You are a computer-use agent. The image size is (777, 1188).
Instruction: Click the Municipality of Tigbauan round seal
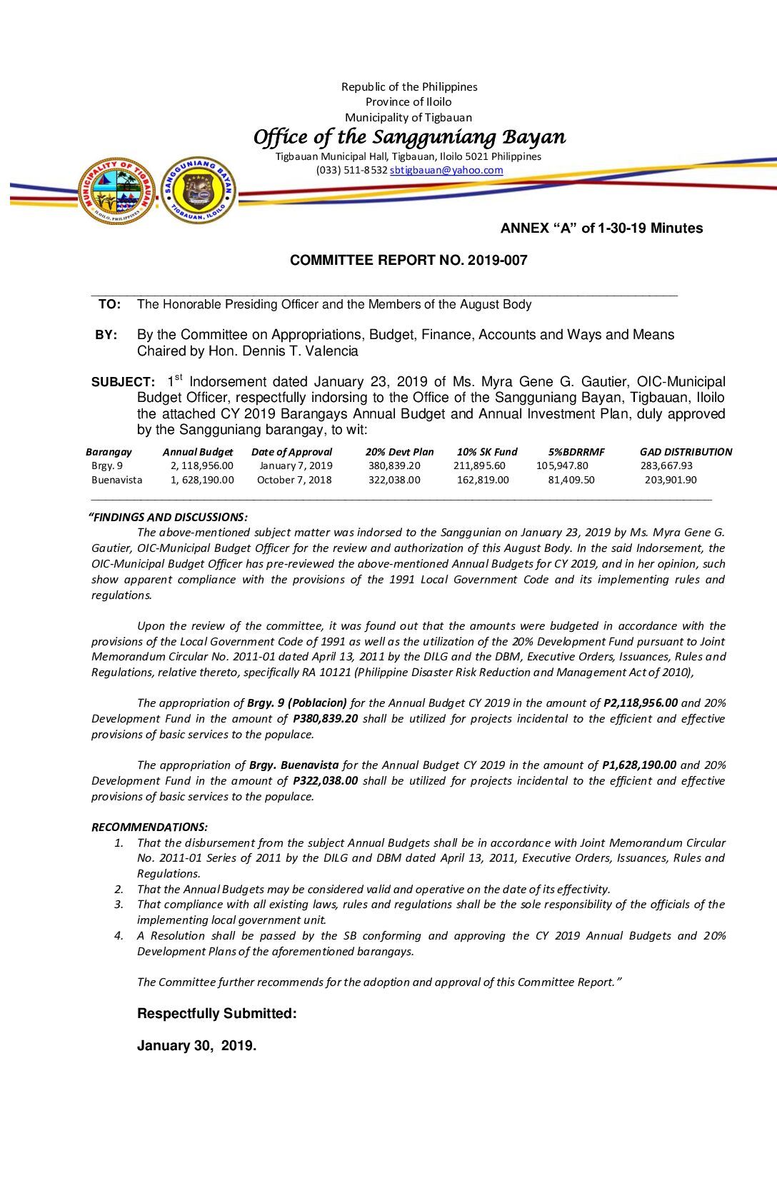[x=117, y=191]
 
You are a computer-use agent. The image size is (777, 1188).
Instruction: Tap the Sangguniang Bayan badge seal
[x=199, y=190]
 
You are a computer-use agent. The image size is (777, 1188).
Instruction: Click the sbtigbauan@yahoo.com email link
[x=446, y=171]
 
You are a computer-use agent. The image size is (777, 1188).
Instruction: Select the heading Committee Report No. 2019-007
[x=408, y=261]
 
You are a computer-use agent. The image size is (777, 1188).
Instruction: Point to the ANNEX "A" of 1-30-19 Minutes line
[x=601, y=228]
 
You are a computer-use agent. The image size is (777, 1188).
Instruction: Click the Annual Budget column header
[x=198, y=452]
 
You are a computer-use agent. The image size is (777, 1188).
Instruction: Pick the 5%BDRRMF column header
[x=576, y=452]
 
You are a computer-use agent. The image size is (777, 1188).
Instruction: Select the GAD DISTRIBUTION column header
[x=686, y=452]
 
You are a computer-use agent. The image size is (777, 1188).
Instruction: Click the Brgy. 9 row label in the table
[x=107, y=465]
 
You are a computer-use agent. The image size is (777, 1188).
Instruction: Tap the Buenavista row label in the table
[x=117, y=480]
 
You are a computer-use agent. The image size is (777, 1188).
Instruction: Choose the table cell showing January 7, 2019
[x=296, y=465]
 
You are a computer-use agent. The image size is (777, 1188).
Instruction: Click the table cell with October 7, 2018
[x=294, y=480]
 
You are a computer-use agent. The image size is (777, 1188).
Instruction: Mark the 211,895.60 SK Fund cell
[x=479, y=465]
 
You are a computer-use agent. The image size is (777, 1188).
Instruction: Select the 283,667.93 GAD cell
[x=666, y=465]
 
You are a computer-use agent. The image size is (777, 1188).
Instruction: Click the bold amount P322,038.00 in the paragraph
[x=325, y=781]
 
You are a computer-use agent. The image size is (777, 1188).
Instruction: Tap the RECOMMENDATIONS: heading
[x=149, y=827]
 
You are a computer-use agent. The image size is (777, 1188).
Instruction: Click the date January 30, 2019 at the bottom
[x=196, y=1046]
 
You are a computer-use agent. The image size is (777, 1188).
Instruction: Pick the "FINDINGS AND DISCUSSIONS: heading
[x=168, y=518]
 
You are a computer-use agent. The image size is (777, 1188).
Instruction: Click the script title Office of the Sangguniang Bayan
[x=409, y=137]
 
